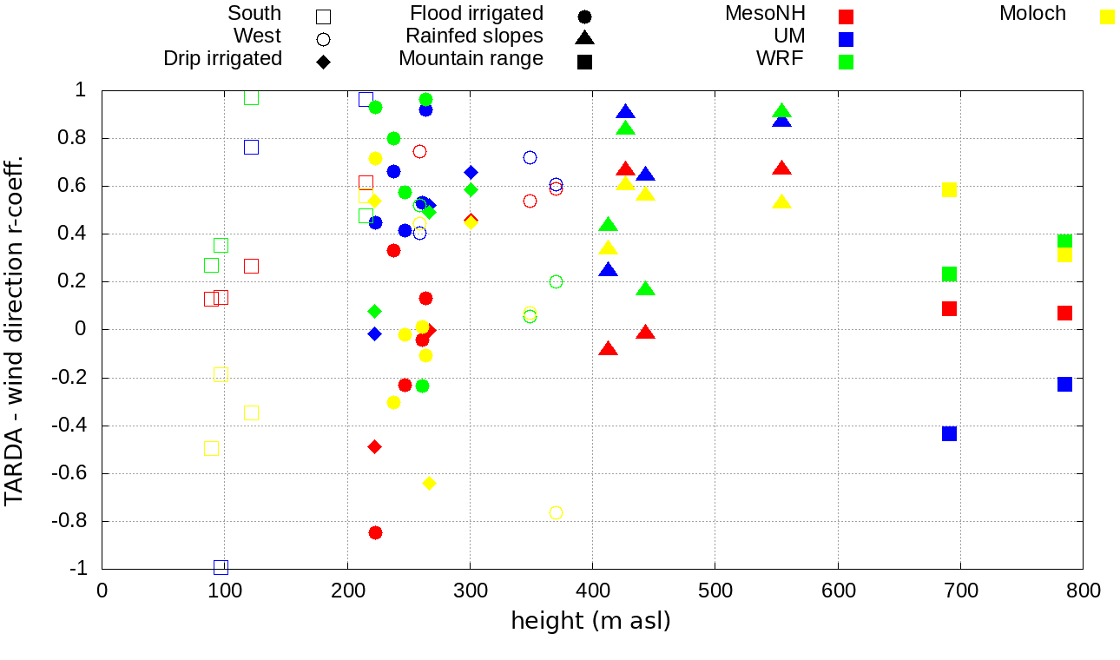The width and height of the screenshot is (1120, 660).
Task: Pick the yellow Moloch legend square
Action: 1107,16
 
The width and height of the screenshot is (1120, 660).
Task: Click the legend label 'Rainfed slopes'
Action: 474,36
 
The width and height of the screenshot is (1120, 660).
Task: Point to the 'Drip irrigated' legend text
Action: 222,59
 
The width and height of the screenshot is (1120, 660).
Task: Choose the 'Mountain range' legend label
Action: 471,59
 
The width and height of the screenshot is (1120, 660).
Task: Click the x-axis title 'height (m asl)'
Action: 590,622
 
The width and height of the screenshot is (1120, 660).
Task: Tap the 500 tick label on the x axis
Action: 715,591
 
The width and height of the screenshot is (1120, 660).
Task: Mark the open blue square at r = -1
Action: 221,567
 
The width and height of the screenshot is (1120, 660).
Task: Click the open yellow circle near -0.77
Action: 556,512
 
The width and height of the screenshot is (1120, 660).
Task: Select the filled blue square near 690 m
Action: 949,433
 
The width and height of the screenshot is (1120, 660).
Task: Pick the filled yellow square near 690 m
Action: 949,189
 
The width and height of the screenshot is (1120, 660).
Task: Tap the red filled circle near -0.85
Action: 375,532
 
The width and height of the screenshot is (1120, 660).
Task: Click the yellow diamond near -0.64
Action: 429,483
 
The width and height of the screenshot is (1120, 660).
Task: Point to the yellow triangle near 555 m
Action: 781,202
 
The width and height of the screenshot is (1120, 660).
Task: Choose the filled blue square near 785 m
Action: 1064,384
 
